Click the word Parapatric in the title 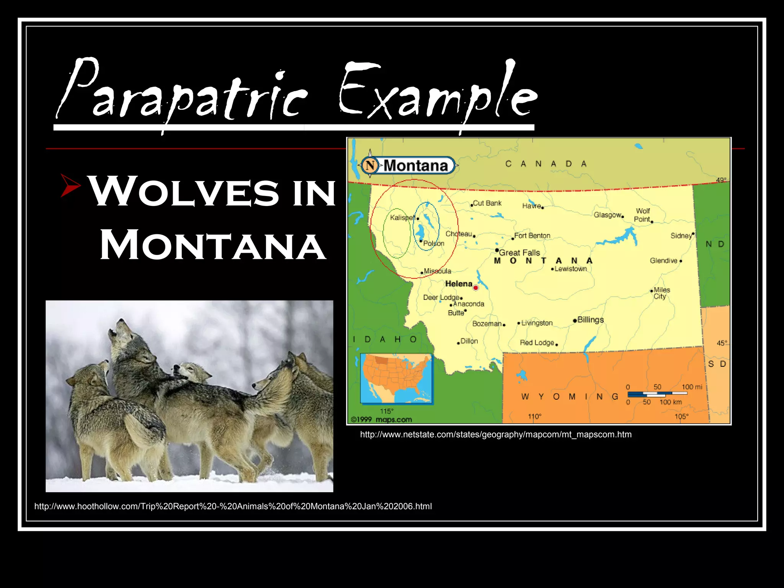point(180,92)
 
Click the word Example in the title point(436,92)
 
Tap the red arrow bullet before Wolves point(70,186)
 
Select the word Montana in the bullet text point(213,245)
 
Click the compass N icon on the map point(370,166)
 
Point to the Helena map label point(459,284)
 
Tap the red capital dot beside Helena point(476,287)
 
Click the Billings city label point(590,320)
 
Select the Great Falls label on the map point(519,253)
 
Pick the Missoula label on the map point(438,271)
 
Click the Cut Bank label point(487,203)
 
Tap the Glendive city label point(663,261)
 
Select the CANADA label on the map point(546,164)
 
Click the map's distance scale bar point(657,394)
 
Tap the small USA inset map point(396,378)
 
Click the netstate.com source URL point(496,434)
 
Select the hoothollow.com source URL point(233,506)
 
